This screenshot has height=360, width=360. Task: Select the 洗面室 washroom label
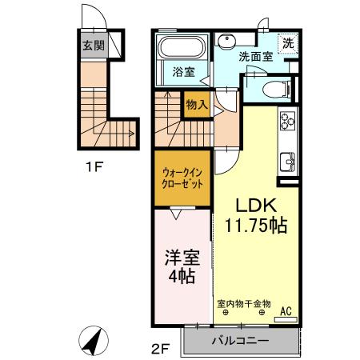pos(255,57)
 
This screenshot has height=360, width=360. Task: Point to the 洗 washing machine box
pos(286,43)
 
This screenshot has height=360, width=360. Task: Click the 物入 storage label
pos(197,103)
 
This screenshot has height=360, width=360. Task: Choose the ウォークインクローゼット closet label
pos(182,177)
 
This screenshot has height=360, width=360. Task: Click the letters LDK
pos(250,203)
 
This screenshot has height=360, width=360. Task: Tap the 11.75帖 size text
pos(254,225)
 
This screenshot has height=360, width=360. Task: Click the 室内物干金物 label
pos(244,303)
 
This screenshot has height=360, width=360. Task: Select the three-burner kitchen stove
pos(287,122)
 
